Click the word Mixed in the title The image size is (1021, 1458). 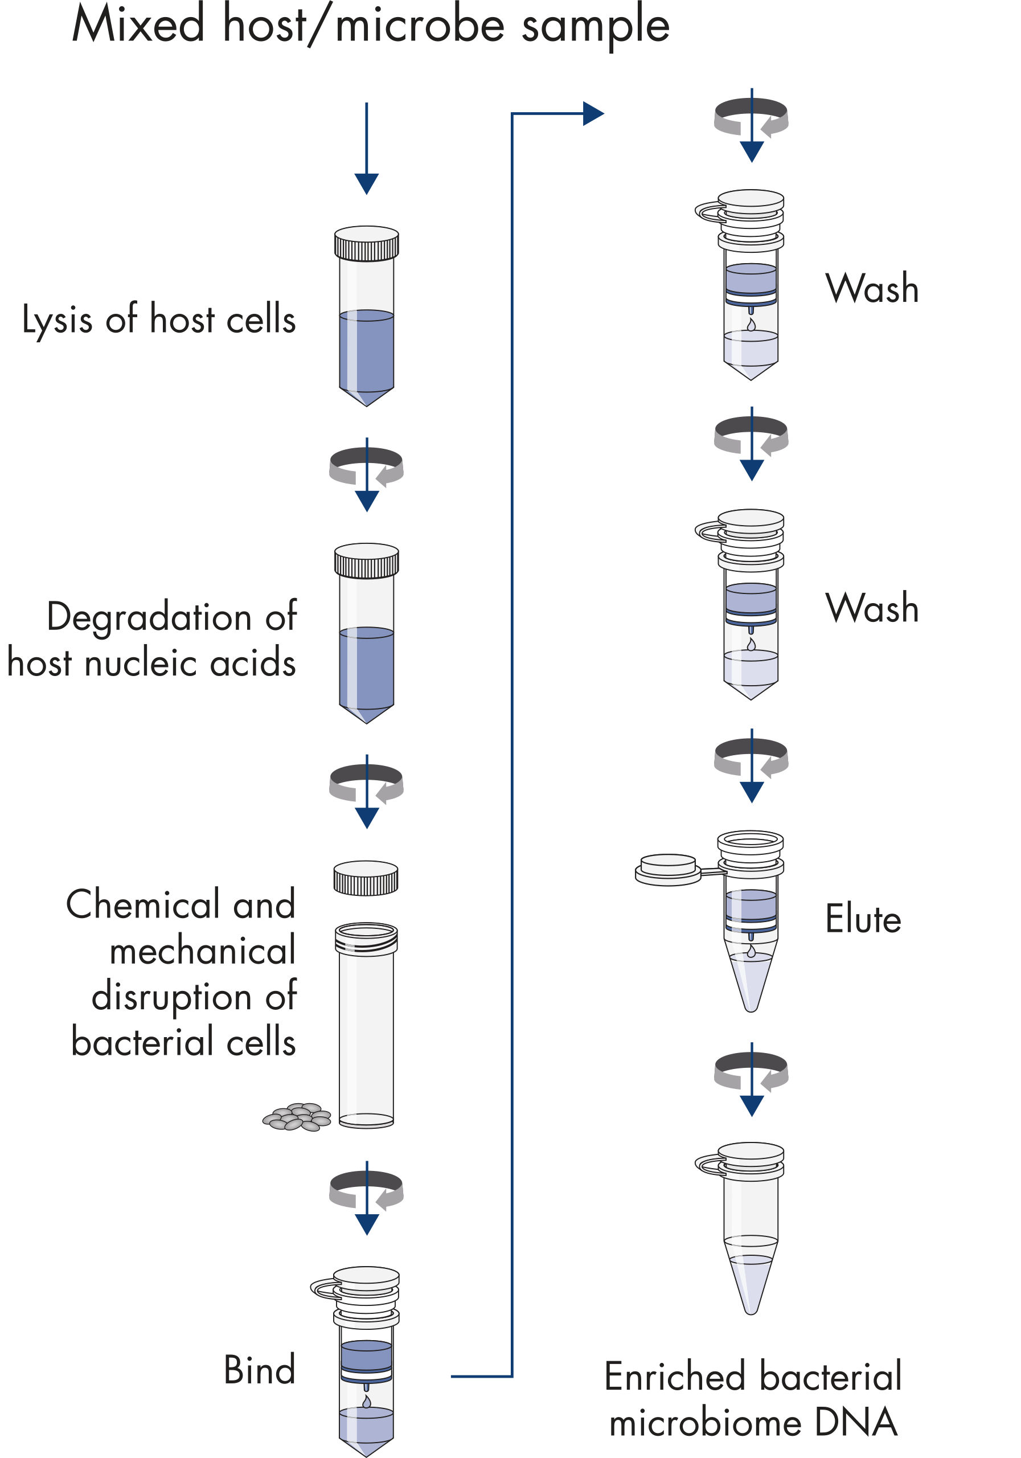pos(138,26)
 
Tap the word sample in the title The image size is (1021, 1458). pos(595,27)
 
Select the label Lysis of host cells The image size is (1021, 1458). pos(159,319)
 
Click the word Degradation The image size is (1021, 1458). pos(149,617)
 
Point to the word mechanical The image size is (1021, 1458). pos(203,951)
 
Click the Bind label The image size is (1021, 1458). pos(260,1370)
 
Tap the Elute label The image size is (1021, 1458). pos(863,919)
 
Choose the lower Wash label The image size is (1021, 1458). pos(872,608)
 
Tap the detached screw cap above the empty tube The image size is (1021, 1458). pos(366,878)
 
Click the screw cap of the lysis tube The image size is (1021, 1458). pos(366,243)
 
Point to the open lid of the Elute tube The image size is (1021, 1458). pos(667,869)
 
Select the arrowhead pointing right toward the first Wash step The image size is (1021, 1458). pos(592,114)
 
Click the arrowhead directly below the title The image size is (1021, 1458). pos(366,183)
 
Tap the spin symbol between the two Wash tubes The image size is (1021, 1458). pos(751,438)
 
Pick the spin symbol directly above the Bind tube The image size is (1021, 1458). pos(366,1189)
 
